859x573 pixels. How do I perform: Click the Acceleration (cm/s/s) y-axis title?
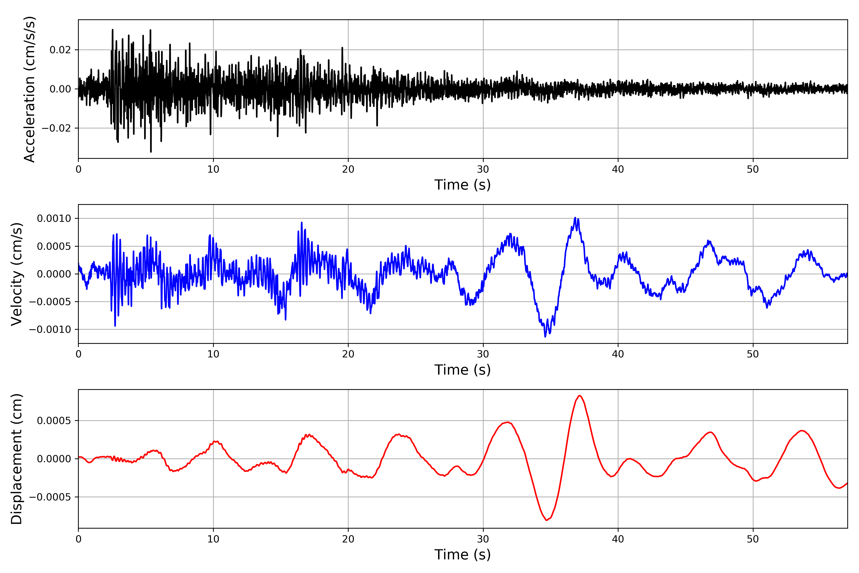click(x=29, y=89)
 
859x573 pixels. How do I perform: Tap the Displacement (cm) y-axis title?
click(x=16, y=459)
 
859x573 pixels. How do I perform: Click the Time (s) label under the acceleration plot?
click(x=462, y=185)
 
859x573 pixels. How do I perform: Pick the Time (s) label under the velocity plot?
click(x=462, y=370)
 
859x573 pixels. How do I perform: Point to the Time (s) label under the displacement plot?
click(x=462, y=555)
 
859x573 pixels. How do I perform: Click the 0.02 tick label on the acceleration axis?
click(x=60, y=50)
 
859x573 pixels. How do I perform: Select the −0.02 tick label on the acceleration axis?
click(x=56, y=128)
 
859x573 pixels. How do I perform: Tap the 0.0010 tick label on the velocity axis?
click(x=54, y=218)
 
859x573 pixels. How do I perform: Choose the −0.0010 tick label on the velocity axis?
click(x=50, y=330)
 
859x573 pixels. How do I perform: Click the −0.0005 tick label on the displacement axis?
click(x=50, y=497)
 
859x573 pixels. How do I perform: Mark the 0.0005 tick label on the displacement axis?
click(x=54, y=421)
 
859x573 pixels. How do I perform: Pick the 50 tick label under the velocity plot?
click(x=753, y=354)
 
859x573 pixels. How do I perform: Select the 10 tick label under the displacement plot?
click(x=213, y=539)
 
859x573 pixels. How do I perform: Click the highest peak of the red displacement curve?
click(x=580, y=396)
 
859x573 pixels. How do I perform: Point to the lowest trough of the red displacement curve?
click(x=546, y=520)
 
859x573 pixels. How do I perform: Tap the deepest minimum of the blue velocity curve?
click(x=545, y=337)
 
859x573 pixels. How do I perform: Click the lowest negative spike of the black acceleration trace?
click(x=151, y=152)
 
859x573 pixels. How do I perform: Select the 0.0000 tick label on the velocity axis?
click(x=54, y=274)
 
